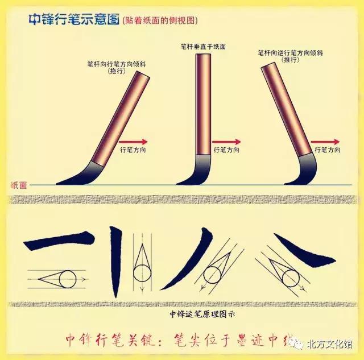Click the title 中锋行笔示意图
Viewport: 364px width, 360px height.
pyautogui.click(x=73, y=19)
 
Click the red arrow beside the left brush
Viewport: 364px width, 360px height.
pyautogui.click(x=135, y=142)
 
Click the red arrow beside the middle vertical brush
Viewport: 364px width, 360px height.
pyautogui.click(x=227, y=142)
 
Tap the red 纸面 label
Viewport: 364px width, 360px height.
pyautogui.click(x=19, y=185)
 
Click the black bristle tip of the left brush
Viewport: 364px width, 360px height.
pyautogui.click(x=80, y=176)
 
